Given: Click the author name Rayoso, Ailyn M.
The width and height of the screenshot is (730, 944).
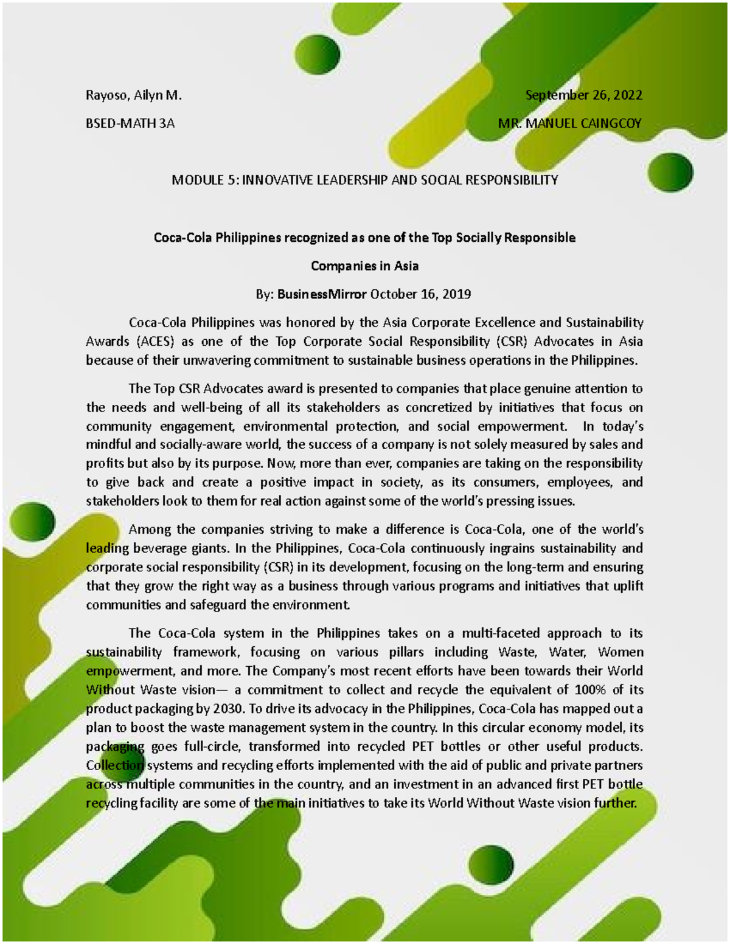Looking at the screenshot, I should pos(134,95).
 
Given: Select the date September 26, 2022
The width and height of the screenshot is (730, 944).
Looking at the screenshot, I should pos(584,95).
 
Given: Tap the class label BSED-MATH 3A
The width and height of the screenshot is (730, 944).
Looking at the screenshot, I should pos(130,123).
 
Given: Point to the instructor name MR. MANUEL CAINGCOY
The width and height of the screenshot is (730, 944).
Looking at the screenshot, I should pos(569,123).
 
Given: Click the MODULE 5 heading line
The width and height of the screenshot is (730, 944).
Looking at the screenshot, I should pos(364,180).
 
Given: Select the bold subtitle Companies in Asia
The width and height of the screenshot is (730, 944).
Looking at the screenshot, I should pos(364,266).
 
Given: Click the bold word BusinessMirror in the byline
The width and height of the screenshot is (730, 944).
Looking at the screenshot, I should pos(322,294).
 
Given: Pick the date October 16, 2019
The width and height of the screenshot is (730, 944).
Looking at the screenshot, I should pos(420,294).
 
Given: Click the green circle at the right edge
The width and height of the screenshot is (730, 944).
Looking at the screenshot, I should pos(670,173).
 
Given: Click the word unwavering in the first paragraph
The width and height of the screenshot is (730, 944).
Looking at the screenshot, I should pos(217,360).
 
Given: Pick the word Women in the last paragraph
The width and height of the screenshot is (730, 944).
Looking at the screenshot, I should pos(620,652).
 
